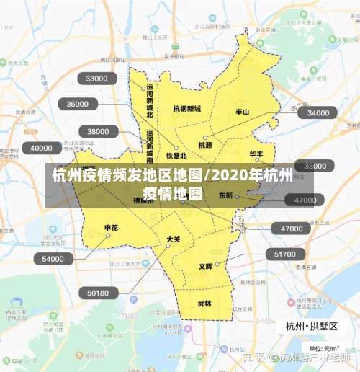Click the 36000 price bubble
point(78,104)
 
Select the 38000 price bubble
point(99,131)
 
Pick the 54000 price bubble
point(53,259)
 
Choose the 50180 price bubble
point(98,293)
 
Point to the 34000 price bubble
point(318,112)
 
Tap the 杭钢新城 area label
point(187,109)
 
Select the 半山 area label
point(243,112)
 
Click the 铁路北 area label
point(176,155)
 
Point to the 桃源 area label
point(205,145)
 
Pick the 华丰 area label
point(256,154)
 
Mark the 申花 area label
point(111,228)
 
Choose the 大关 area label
point(173,239)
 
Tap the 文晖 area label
point(205,266)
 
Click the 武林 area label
point(204,304)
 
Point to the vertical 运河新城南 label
point(150,146)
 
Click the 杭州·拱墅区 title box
point(311,326)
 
